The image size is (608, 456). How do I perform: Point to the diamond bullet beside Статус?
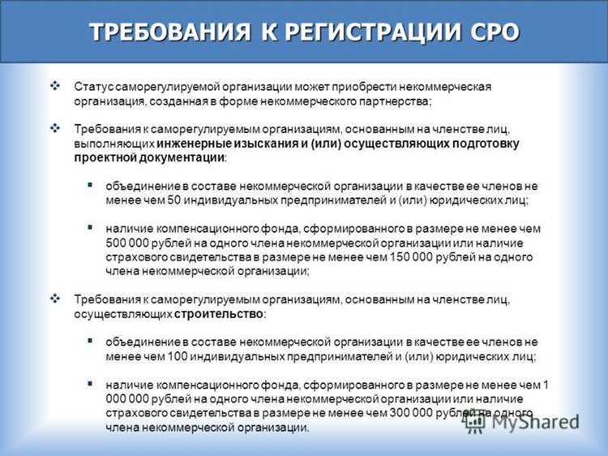55,85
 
